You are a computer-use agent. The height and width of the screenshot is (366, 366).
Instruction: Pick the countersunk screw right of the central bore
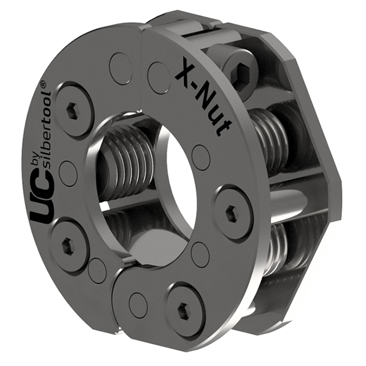coord(232,213)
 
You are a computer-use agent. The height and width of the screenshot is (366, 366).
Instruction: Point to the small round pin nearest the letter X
coord(159,74)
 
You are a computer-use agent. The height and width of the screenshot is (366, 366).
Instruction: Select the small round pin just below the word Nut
coord(201,154)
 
